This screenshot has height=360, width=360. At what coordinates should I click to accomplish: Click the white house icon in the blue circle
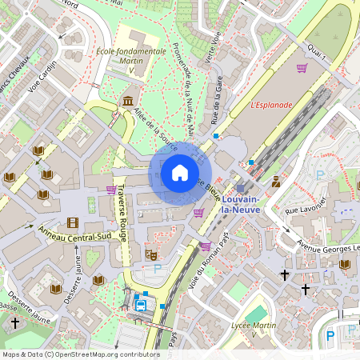coord(180,173)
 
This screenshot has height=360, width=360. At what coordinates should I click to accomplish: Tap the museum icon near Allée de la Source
coord(127,100)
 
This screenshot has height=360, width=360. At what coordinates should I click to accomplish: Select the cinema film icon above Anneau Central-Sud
coord(74,222)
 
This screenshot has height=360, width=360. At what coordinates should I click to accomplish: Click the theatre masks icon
coord(150,254)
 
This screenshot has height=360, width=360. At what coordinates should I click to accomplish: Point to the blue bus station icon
coord(141,304)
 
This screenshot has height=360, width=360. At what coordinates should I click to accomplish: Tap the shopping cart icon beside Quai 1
coord(302,68)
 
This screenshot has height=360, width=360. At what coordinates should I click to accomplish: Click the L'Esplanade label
coord(271,104)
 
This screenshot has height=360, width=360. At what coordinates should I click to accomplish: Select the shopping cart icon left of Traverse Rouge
coord(110,190)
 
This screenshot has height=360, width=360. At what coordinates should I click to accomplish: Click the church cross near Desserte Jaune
coord(16,322)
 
